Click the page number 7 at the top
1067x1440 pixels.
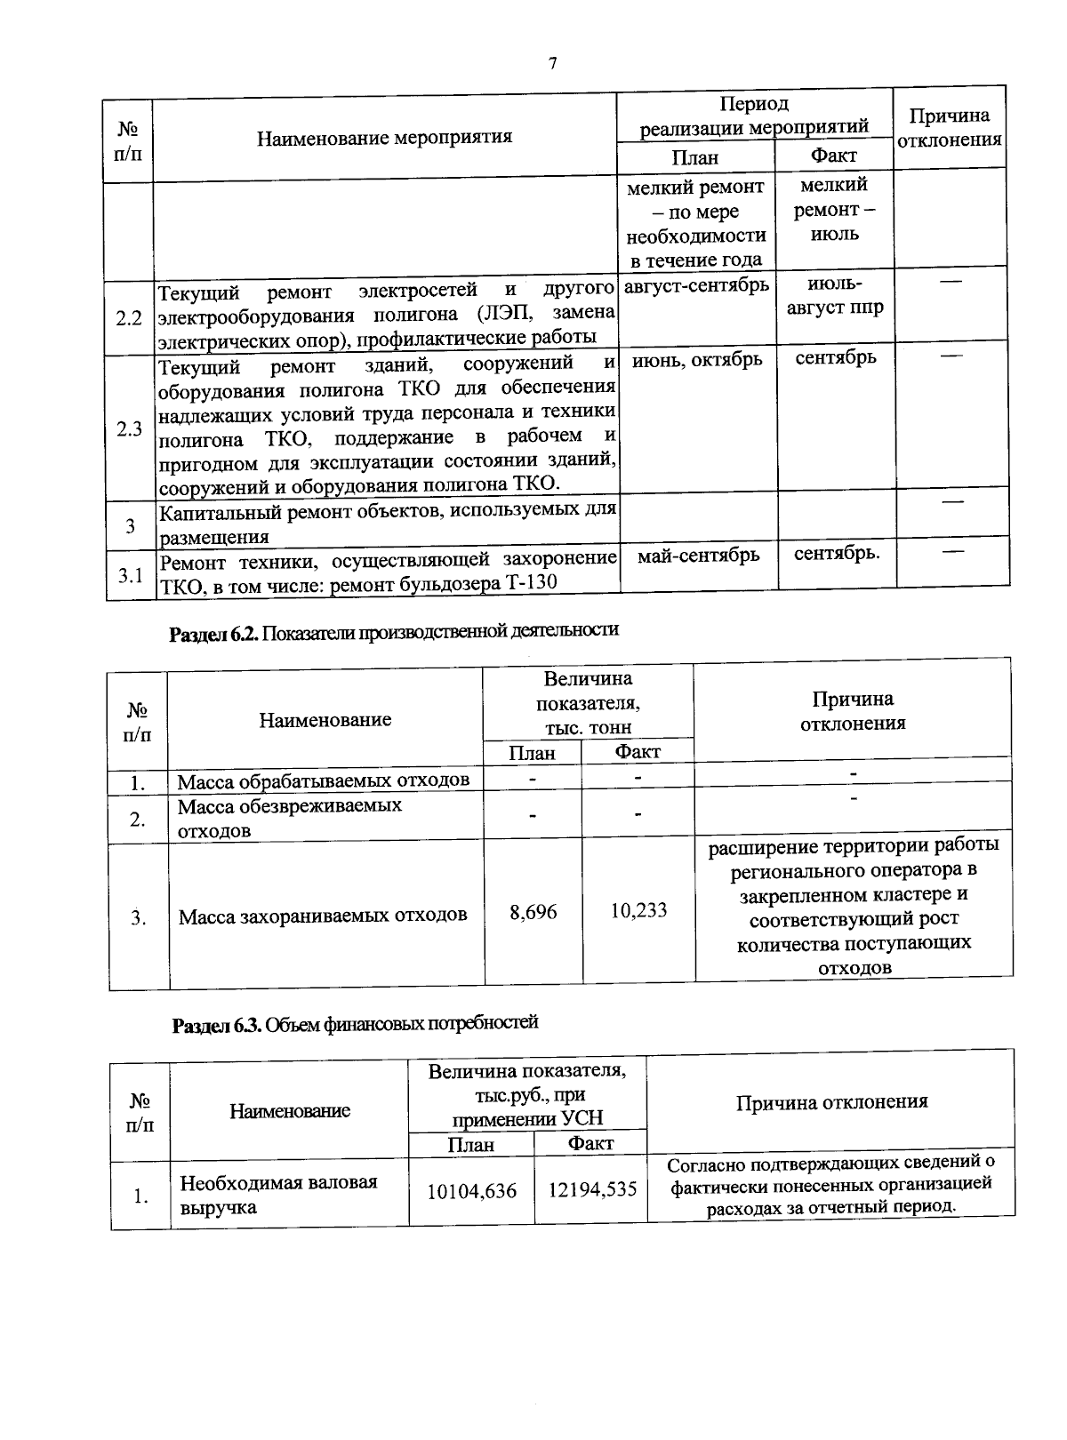pos(552,63)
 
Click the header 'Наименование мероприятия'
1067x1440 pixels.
pos(384,137)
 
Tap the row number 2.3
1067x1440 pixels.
pos(129,429)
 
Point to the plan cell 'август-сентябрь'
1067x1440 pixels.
pos(696,286)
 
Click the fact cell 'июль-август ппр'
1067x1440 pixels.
pos(835,297)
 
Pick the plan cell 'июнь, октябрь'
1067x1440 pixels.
pos(697,359)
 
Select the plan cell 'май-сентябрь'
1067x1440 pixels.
pos(698,555)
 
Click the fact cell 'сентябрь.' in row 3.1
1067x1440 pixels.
pos(836,553)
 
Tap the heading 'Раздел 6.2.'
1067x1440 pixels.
pos(213,631)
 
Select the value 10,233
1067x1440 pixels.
pos(638,910)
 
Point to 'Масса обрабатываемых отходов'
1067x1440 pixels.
pos(324,780)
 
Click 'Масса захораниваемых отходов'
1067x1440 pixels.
pos(323,915)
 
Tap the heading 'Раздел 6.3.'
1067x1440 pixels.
pos(216,1024)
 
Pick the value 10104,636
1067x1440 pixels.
pos(471,1191)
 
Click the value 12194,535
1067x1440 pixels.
pos(591,1188)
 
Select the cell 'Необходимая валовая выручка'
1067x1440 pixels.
pos(278,1195)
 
